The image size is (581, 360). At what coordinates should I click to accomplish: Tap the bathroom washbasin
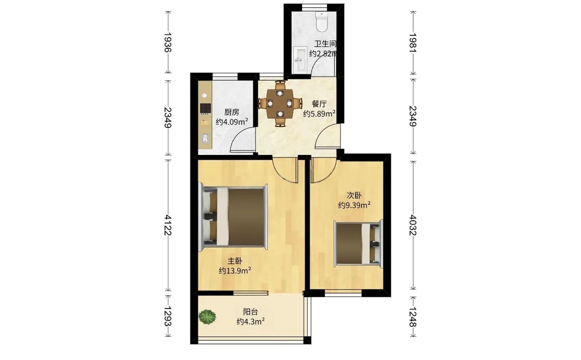[300, 59]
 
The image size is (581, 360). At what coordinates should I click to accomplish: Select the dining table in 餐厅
[280, 103]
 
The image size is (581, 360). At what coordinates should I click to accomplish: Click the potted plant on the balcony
[207, 316]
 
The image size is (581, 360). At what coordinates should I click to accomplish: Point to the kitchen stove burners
[205, 109]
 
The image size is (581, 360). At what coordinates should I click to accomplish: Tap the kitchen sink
[205, 138]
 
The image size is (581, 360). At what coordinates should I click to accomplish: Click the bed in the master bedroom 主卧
[233, 218]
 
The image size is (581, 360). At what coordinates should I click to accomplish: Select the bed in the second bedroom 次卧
[358, 244]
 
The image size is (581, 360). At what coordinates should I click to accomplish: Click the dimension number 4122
[168, 225]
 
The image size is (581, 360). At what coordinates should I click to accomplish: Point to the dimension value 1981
[413, 43]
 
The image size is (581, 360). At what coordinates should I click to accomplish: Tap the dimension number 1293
[168, 316]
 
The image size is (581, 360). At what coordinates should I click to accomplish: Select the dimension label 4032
[413, 225]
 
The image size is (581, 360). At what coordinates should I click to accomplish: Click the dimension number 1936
[168, 42]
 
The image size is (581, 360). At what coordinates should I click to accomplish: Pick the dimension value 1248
[413, 317]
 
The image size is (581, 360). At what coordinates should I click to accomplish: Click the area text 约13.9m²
[235, 271]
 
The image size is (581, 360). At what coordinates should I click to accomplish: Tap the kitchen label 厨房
[232, 112]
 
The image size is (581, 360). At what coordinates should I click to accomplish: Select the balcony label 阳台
[251, 312]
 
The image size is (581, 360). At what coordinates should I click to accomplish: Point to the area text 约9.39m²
[354, 205]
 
